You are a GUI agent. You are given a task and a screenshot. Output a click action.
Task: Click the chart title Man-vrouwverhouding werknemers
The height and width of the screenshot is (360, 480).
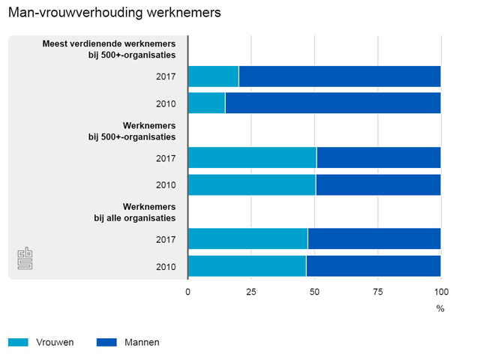114,13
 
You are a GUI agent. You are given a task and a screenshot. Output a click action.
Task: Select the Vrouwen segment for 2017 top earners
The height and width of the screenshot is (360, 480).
213,76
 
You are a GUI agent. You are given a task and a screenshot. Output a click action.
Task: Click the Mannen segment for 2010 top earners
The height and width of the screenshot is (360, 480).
332,103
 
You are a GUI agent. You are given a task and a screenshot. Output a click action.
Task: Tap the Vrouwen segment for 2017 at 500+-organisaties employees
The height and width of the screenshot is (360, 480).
252,157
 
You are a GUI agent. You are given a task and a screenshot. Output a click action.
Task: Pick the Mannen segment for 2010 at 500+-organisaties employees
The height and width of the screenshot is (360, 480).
378,184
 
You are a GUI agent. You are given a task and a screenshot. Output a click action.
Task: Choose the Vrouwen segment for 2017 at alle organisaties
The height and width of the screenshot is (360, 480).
247,239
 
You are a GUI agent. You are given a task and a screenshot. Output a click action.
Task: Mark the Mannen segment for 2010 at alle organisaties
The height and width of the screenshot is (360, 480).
373,266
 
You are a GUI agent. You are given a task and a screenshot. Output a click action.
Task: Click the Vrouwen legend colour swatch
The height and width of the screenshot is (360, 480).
18,342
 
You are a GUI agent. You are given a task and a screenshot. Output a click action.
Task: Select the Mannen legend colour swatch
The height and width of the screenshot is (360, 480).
106,342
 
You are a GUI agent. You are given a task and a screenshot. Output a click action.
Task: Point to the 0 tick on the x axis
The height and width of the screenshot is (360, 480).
188,292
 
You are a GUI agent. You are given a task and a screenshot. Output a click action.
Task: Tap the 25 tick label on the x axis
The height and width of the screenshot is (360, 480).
251,292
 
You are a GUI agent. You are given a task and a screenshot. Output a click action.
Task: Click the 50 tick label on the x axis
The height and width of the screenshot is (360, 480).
314,292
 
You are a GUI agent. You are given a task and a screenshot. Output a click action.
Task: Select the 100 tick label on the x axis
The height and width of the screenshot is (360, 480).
441,292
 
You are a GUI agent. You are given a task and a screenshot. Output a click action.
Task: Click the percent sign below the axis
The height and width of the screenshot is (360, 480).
440,308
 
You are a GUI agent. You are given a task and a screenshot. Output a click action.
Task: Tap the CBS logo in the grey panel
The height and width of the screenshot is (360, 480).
25,258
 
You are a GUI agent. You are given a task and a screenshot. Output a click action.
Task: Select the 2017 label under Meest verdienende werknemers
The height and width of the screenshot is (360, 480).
166,76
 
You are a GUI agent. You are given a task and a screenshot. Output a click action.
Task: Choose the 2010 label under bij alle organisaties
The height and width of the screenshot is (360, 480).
166,266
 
